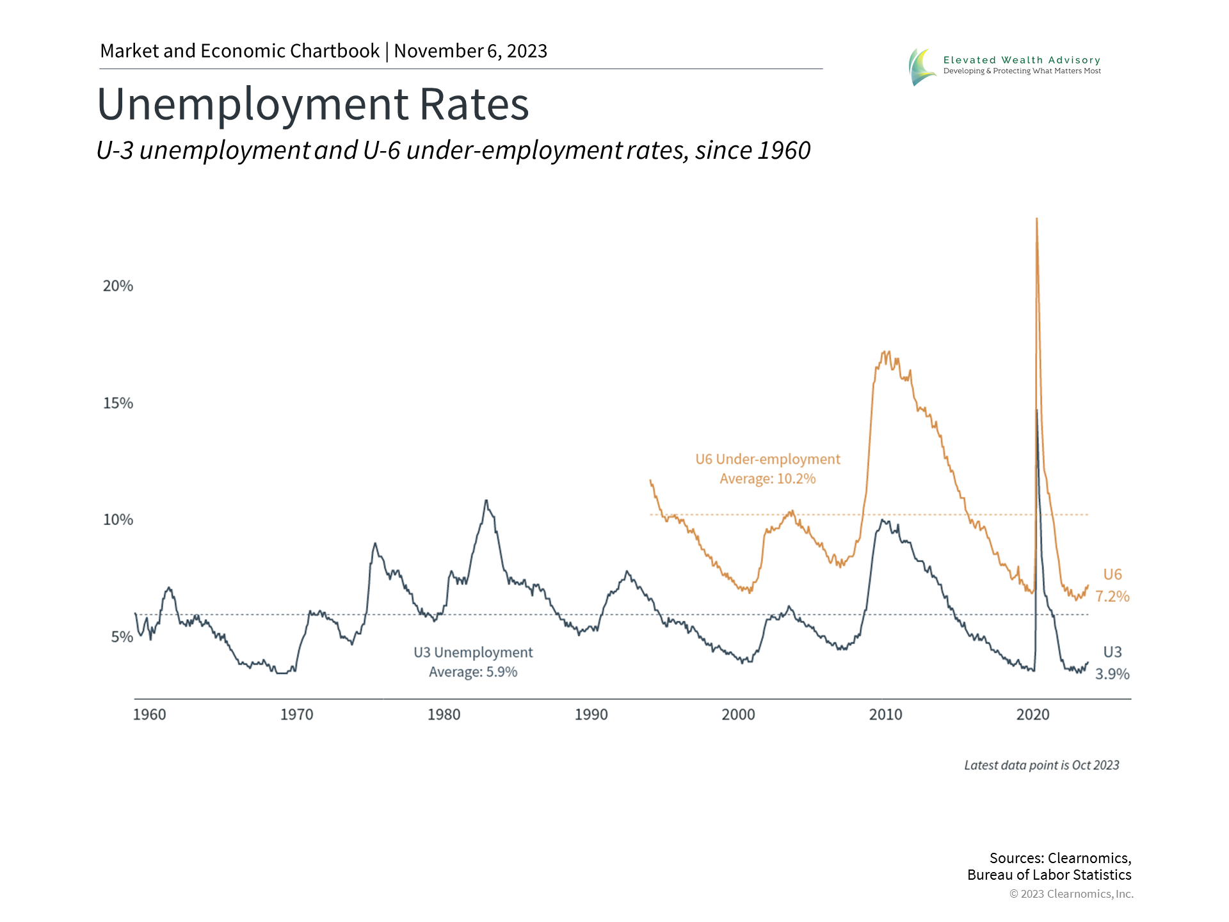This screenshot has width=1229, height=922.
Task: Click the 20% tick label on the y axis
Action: pos(118,286)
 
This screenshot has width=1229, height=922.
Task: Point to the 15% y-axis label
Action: pos(118,403)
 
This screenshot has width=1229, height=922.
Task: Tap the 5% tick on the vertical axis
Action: pos(122,637)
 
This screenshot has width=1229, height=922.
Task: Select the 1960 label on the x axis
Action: pos(149,715)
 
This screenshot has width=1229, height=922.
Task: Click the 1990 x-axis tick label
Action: pos(591,715)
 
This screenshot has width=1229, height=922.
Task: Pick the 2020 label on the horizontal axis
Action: pos(1032,715)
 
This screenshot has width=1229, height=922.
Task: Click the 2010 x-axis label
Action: pos(885,715)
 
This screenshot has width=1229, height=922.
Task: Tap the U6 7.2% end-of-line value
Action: pos(1112,597)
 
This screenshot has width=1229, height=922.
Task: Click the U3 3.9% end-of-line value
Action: pos(1112,674)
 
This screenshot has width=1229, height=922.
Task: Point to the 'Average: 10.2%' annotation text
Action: pos(767,479)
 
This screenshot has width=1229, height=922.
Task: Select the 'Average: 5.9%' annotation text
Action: pos(473,672)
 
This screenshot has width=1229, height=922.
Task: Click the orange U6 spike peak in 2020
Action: pos(1036,220)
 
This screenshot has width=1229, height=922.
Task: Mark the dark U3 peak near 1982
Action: pos(486,501)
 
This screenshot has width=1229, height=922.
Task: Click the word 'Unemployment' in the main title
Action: pos(253,104)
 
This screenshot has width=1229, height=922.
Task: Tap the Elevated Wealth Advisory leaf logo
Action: pos(921,67)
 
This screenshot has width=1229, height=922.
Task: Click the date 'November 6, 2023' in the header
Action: pos(470,51)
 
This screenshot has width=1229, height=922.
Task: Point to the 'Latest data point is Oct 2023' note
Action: pos(1041,765)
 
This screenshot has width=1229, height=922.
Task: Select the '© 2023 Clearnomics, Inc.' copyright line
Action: pos(1071,894)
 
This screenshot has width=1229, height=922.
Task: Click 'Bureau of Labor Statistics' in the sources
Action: pos(1049,875)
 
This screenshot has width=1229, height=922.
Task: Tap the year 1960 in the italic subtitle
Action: pos(784,151)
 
